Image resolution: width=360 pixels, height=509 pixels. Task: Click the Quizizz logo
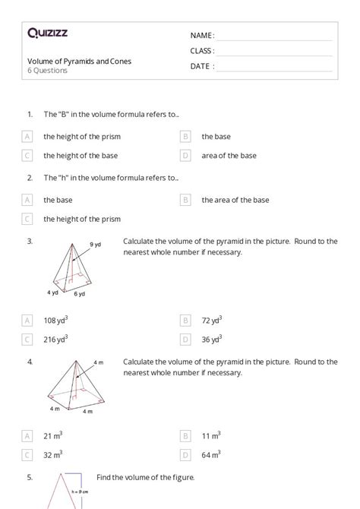[x=47, y=33]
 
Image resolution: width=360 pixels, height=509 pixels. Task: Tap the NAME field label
[x=202, y=36]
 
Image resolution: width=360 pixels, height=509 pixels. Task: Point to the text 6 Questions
[x=47, y=71]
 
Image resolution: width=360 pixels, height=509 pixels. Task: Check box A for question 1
[x=27, y=137]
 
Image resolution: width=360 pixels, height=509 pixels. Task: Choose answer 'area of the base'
[x=229, y=156]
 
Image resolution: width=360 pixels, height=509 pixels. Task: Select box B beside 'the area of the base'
[x=185, y=201]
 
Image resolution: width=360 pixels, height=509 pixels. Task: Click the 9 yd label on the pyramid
[x=96, y=245]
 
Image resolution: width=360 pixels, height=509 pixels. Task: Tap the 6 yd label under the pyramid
[x=79, y=293]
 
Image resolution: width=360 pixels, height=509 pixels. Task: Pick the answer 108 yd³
[x=55, y=320]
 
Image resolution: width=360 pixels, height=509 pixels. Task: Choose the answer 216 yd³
[x=55, y=339]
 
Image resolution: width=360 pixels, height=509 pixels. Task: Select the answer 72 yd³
[x=212, y=320]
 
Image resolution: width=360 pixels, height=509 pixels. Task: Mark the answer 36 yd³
[x=212, y=339]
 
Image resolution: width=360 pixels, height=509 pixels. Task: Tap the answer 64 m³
[x=211, y=454]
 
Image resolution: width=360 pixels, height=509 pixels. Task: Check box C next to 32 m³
[x=27, y=454]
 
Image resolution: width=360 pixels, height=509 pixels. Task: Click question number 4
[x=30, y=361]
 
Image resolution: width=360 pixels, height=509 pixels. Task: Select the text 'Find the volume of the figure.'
[x=146, y=477]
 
